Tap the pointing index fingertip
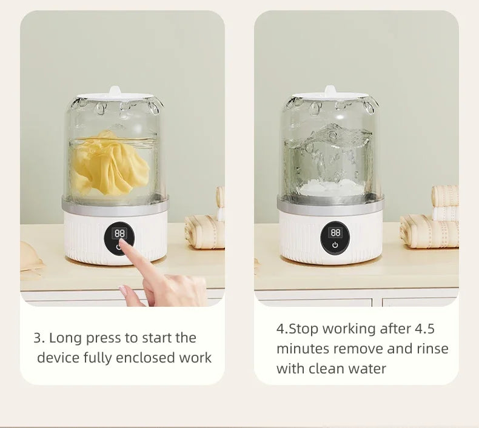pos(123,242)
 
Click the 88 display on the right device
pos(335,233)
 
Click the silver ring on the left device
pos(115,206)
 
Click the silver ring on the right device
pos(330,205)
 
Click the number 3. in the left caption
pos(39,338)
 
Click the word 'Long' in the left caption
pos(65,338)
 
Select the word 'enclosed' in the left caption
pos(146,358)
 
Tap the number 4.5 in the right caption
pos(424,329)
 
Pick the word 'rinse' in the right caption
pos(432,349)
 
